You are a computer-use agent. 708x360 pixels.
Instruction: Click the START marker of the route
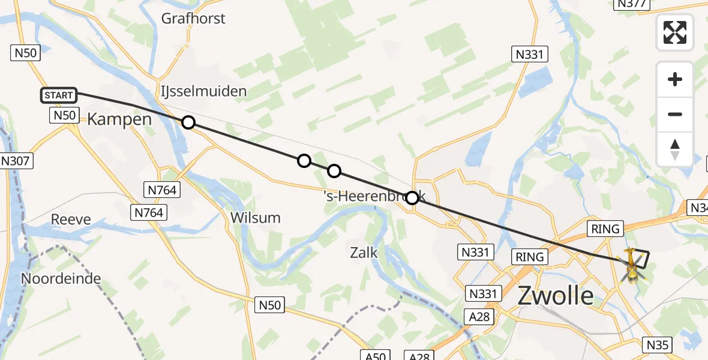[x=59, y=95]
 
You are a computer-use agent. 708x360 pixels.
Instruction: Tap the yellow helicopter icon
[x=631, y=265]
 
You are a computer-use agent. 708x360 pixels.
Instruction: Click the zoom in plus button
[x=675, y=79]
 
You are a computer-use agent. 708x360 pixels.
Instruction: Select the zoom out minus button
[x=675, y=114]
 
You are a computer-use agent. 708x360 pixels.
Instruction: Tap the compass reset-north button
[x=675, y=149]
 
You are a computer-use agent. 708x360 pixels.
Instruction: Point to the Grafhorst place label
[x=193, y=19]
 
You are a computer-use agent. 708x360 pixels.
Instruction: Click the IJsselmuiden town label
[x=203, y=91]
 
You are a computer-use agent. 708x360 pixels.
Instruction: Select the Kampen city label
[x=119, y=119]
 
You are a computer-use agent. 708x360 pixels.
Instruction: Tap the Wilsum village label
[x=256, y=218]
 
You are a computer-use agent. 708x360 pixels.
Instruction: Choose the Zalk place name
[x=363, y=253]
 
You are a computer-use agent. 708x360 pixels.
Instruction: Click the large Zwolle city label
[x=556, y=296]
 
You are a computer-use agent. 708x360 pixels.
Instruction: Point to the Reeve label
[x=71, y=219]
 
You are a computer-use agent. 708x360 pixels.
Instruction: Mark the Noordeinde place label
[x=61, y=278]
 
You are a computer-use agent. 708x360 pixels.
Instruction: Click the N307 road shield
[x=17, y=161]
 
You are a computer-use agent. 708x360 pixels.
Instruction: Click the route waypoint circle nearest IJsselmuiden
[x=188, y=122]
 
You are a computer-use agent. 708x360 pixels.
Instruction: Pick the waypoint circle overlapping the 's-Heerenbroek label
[x=412, y=197]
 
